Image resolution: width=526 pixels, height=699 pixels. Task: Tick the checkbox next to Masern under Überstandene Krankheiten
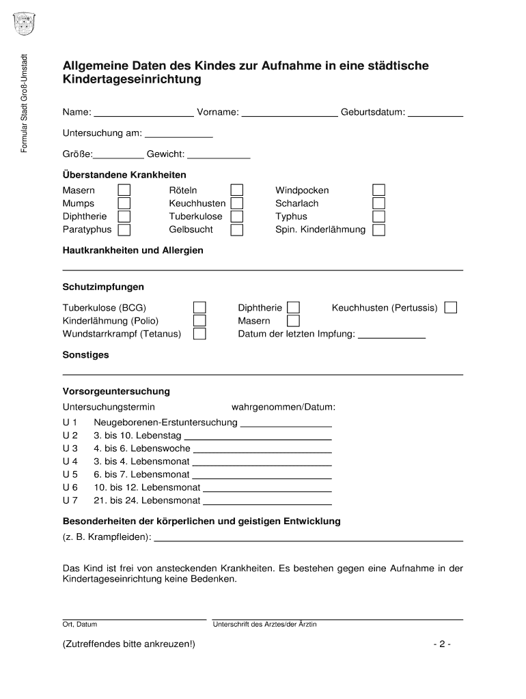coord(124,190)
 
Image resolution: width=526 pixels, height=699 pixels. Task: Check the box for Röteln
coord(236,190)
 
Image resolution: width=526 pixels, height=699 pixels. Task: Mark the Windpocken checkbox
coord(378,190)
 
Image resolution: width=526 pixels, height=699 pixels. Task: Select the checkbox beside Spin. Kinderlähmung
coord(378,230)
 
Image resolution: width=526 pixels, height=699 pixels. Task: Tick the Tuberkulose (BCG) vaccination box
coord(199,308)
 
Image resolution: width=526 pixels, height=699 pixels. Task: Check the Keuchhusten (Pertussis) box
coord(450,308)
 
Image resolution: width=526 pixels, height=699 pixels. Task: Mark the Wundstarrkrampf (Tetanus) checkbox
coord(199,334)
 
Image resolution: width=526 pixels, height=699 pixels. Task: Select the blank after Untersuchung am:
coord(179,134)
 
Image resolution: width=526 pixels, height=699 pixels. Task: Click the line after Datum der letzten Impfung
coord(391,336)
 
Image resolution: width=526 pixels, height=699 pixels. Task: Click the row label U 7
coord(70,500)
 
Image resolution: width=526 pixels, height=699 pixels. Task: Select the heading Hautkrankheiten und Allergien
coord(133,251)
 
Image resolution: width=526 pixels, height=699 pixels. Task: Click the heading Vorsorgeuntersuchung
coord(116,392)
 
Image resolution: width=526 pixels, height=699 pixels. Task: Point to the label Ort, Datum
coord(80,625)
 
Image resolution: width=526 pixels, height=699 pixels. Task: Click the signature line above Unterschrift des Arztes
coord(337,618)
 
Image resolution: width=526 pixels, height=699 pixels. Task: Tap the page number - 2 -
coord(441,644)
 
